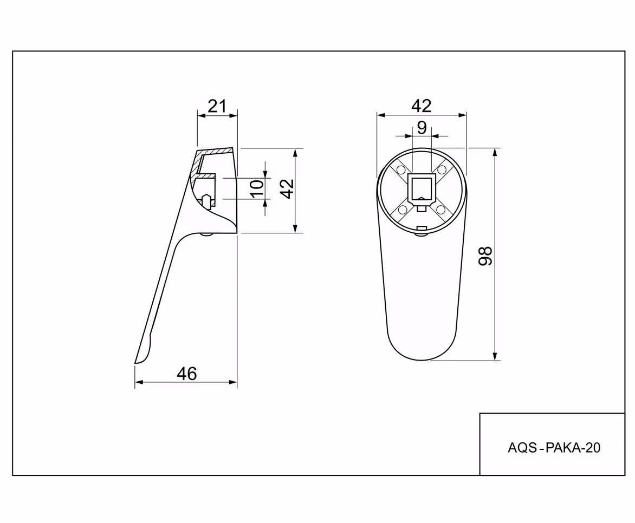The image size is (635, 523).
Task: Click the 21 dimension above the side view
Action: click(x=217, y=106)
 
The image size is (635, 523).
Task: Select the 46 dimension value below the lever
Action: click(x=187, y=374)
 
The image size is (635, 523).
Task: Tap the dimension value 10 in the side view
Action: click(x=256, y=188)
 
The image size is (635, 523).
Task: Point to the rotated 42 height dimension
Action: click(x=287, y=188)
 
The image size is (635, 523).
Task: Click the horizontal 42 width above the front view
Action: click(x=421, y=106)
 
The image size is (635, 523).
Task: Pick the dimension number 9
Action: click(x=422, y=128)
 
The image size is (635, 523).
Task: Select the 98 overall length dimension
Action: click(x=485, y=256)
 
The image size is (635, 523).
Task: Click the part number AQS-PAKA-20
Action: click(x=554, y=448)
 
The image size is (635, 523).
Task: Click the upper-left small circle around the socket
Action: click(x=401, y=169)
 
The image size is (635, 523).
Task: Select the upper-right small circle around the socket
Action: click(x=442, y=169)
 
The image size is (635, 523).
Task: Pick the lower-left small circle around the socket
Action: click(x=403, y=210)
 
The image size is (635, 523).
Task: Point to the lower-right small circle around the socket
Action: click(x=441, y=210)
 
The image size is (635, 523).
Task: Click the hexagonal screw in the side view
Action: click(x=206, y=201)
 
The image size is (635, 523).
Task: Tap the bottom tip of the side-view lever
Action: click(x=135, y=363)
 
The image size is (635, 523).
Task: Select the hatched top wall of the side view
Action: click(x=215, y=152)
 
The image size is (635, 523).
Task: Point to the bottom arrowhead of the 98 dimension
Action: click(x=495, y=356)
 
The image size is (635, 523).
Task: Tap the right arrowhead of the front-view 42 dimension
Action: click(x=462, y=115)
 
